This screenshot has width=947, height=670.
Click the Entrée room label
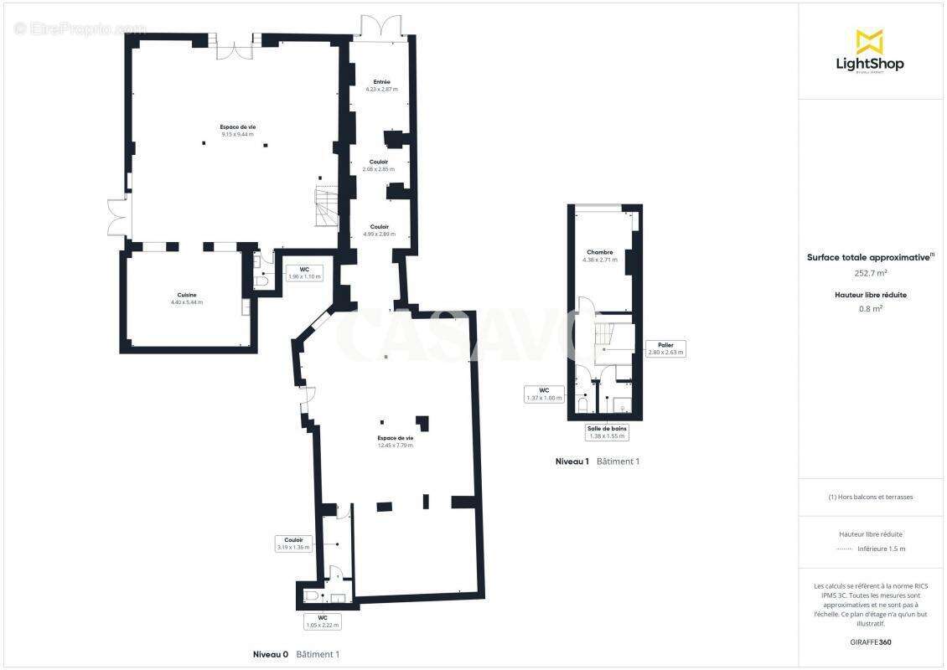pos(381,85)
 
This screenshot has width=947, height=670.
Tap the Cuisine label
pos(187,298)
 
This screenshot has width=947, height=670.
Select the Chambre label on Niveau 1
pos(599,255)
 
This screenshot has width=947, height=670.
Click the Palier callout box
pos(666,348)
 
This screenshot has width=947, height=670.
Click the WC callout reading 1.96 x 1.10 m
pos(304,273)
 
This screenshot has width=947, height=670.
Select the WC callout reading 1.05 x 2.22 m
pos(322,621)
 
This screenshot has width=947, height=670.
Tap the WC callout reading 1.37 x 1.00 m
pos(544,394)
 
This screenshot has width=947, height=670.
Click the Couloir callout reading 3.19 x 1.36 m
pos(293,544)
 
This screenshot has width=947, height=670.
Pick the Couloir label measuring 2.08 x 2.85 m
pos(380,165)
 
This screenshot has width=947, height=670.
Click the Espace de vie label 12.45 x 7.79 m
pos(395,441)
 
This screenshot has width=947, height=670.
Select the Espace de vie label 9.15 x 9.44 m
pos(238,130)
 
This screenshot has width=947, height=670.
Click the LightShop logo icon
pos(869,41)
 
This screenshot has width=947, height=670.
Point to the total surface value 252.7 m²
pos(871,272)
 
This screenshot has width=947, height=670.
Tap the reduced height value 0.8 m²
pos(871,307)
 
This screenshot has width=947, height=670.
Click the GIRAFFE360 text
pos(871,642)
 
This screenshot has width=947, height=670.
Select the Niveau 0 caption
pos(271,654)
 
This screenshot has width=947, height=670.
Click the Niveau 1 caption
pos(572,461)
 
